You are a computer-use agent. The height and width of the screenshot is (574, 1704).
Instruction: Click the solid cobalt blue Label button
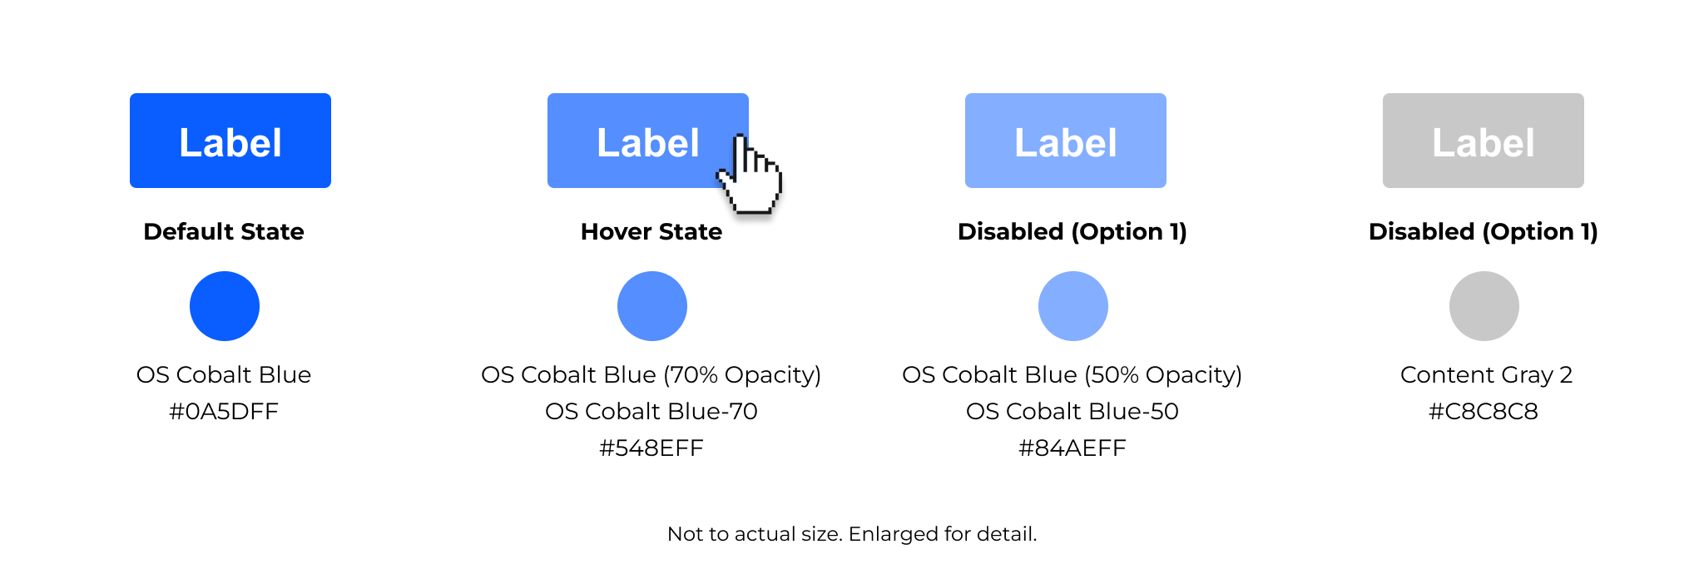[230, 141]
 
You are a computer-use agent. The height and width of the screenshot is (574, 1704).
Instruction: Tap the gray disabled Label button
[1484, 141]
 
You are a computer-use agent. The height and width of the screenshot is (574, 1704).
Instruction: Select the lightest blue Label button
[1066, 141]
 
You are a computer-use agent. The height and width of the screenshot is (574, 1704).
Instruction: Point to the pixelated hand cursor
[750, 175]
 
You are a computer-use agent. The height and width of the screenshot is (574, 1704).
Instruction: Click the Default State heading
[224, 231]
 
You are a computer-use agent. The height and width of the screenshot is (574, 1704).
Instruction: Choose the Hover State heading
[651, 231]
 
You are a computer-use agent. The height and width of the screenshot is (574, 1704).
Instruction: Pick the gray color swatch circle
[1484, 306]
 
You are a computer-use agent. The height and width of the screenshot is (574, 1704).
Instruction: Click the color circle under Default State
[225, 306]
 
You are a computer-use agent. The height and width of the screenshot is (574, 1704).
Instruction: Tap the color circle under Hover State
[652, 306]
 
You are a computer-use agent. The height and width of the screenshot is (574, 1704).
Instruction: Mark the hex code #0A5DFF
[224, 411]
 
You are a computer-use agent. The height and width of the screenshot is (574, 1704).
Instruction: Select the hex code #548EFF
[651, 448]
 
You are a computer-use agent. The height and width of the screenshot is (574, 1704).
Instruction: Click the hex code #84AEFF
[1072, 448]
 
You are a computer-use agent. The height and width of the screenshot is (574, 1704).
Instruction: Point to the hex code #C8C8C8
[1484, 411]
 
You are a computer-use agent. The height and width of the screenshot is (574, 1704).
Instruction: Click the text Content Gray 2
[1486, 375]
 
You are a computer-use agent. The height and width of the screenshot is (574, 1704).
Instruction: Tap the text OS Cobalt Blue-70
[651, 411]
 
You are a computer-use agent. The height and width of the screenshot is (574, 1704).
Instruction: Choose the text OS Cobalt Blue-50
[1072, 411]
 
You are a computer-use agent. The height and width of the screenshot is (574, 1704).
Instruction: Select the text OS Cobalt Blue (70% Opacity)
[651, 375]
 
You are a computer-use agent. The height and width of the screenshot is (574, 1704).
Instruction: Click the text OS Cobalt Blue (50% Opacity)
[1072, 375]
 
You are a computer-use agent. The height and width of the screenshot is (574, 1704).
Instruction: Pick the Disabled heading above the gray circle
[1484, 231]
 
